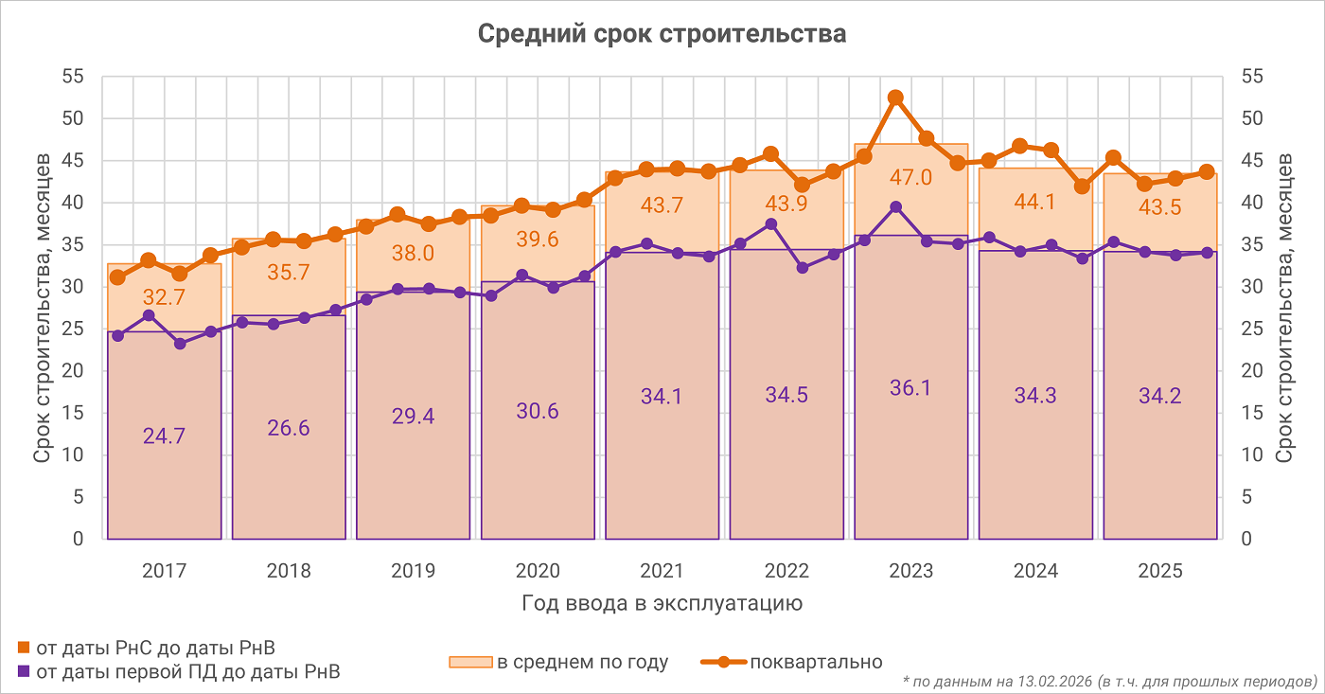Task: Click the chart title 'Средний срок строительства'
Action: (x=662, y=34)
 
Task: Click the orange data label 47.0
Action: (x=910, y=178)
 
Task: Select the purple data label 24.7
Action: (x=164, y=436)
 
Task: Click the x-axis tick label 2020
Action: (x=538, y=571)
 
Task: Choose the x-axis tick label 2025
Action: (x=1160, y=571)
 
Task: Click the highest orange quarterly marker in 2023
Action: (x=895, y=98)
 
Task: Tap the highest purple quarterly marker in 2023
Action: (x=895, y=207)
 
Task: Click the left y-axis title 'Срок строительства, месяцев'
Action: (x=43, y=308)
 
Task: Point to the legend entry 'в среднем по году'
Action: (x=582, y=663)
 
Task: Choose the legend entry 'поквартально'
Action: (x=816, y=663)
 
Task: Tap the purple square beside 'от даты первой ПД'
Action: (x=24, y=672)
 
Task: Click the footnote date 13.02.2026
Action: (x=1051, y=681)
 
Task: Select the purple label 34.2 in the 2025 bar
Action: (x=1160, y=396)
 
